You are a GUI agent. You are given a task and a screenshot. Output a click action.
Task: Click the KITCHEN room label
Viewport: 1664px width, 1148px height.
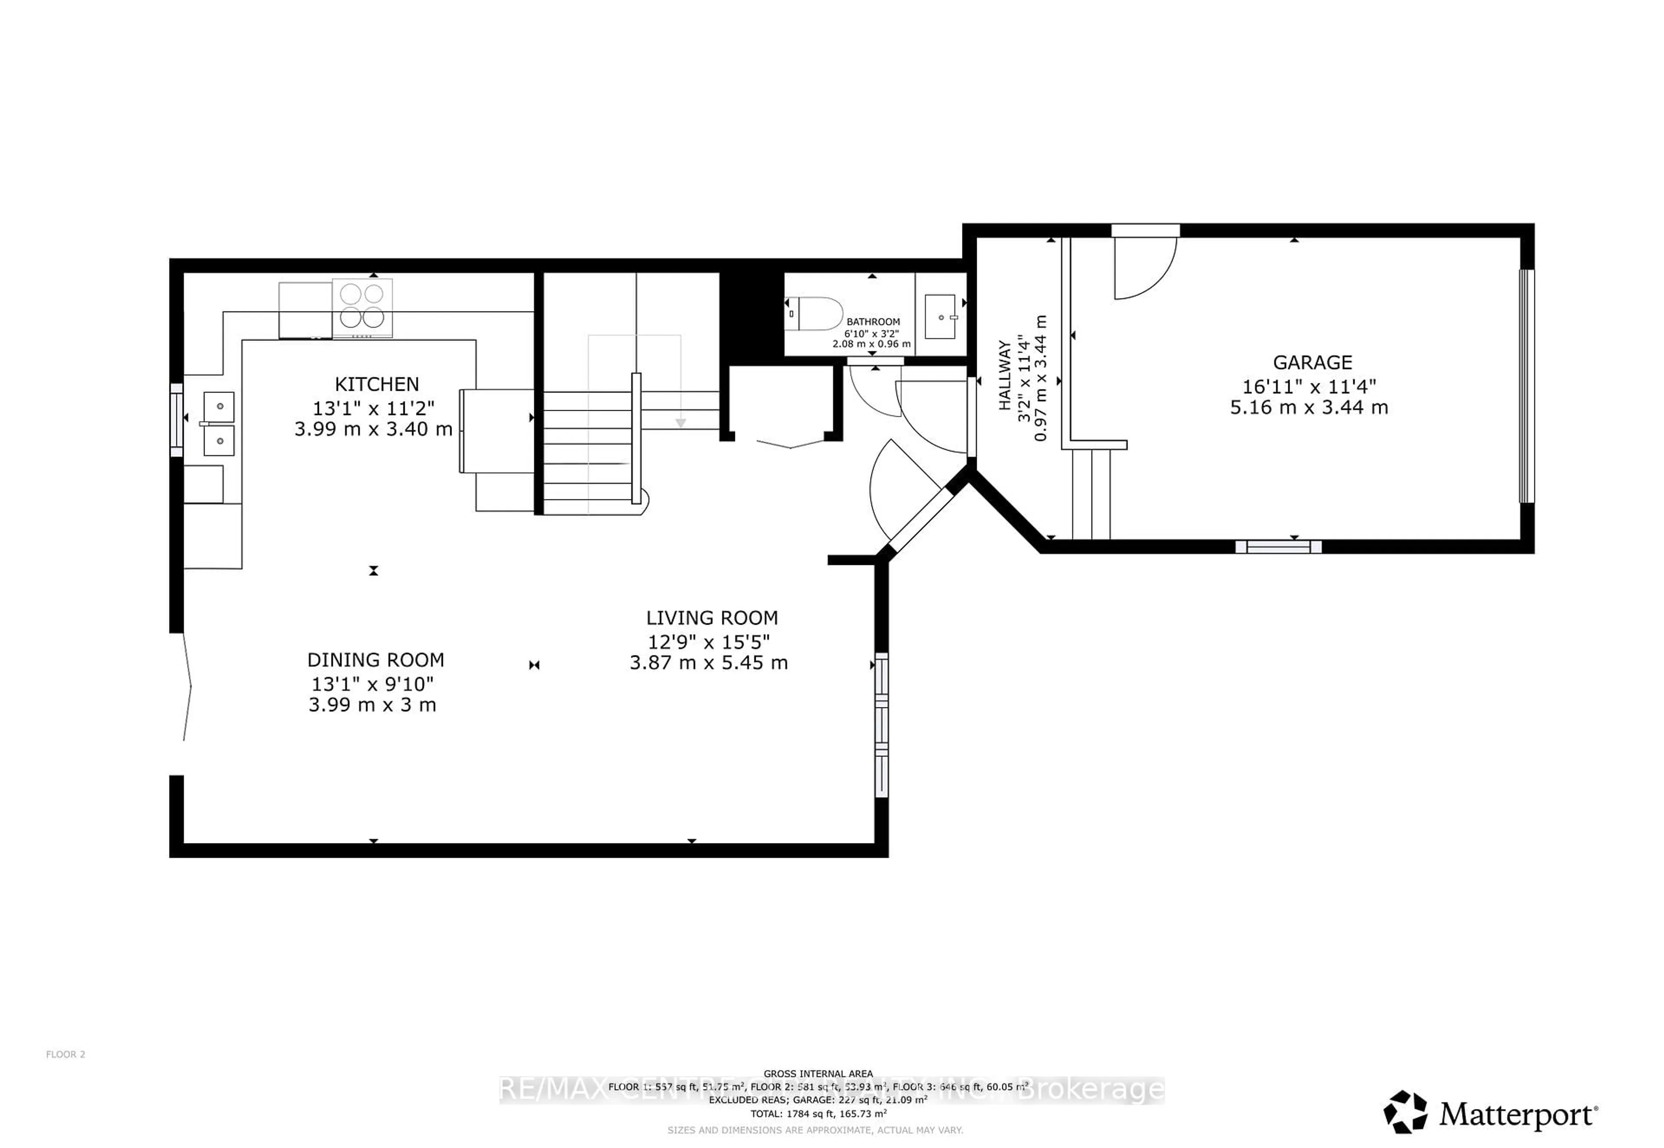[376, 384]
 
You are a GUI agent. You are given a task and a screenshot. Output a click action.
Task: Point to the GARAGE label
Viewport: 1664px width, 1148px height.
[1312, 363]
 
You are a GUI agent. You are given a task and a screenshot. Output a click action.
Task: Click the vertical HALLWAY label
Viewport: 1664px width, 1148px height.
[1004, 376]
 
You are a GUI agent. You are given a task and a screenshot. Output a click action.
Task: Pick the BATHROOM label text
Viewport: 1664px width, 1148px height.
[873, 321]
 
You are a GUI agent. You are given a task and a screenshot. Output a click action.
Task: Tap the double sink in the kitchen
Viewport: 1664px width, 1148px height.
[219, 424]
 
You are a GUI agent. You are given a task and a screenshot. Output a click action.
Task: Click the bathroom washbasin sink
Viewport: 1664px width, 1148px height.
[939, 317]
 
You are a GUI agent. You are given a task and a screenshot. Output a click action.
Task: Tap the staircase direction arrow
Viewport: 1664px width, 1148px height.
[680, 423]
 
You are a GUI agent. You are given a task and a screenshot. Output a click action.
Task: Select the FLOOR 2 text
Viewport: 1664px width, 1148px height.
[65, 1054]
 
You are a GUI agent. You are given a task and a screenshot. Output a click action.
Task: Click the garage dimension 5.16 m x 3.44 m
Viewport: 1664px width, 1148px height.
[1309, 408]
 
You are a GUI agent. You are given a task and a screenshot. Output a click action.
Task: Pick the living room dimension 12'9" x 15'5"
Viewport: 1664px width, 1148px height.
[708, 642]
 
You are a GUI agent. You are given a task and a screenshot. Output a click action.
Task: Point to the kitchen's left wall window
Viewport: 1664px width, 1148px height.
[176, 420]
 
